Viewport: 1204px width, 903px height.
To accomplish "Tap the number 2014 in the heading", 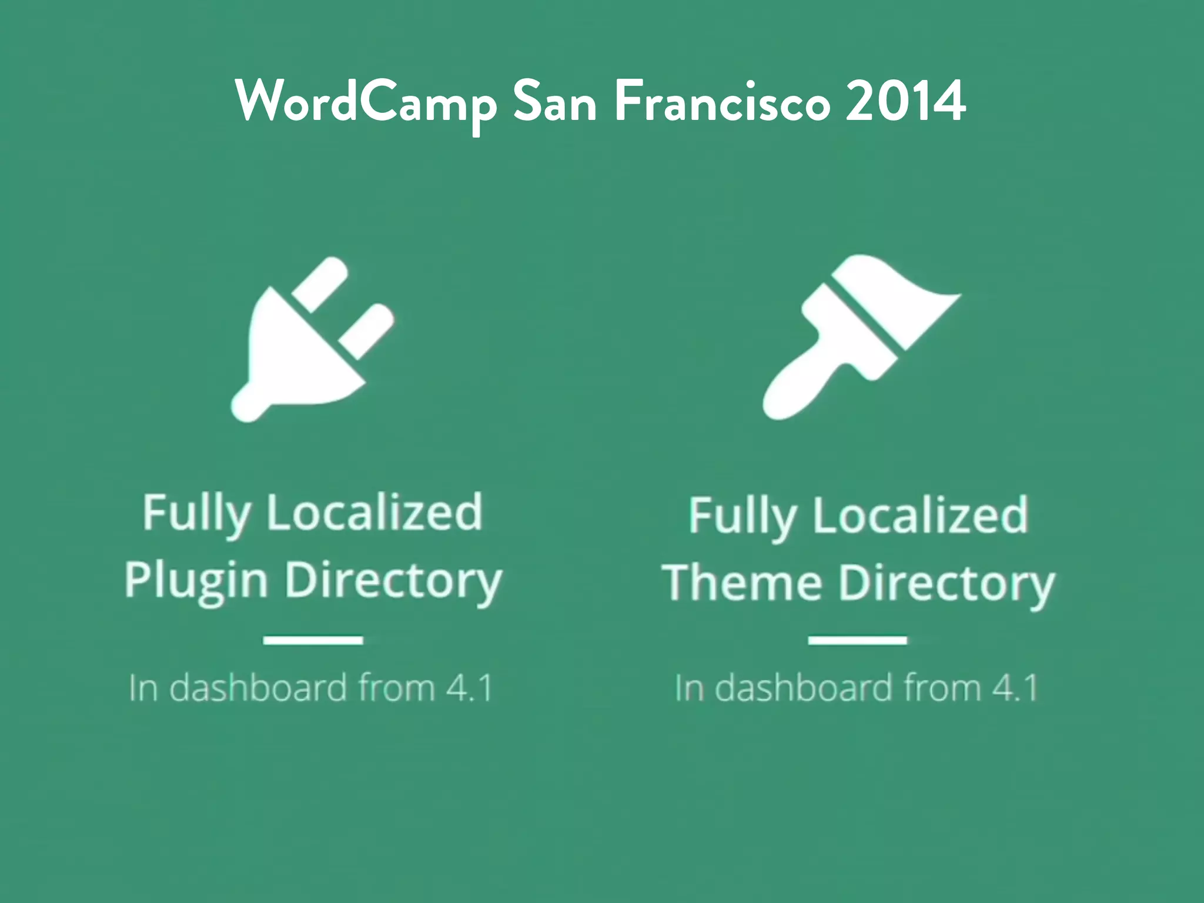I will pyautogui.click(x=905, y=101).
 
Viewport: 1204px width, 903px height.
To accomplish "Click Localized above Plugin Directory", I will pyautogui.click(x=374, y=513).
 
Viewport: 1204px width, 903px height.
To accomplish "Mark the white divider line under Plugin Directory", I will pyautogui.click(x=313, y=640).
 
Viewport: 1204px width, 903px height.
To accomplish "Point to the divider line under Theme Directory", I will pyautogui.click(x=857, y=640).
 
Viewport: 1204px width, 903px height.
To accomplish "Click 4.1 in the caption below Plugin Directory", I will pyautogui.click(x=469, y=688).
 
